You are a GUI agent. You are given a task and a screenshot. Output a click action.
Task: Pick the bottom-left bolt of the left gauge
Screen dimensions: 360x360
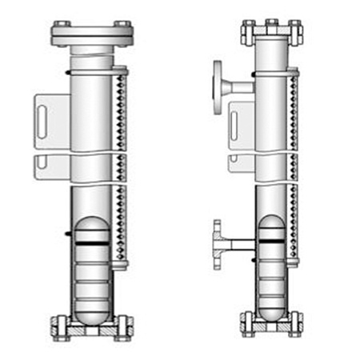click(61, 327)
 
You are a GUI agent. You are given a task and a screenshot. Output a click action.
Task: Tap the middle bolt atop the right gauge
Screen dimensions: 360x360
click(271, 23)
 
